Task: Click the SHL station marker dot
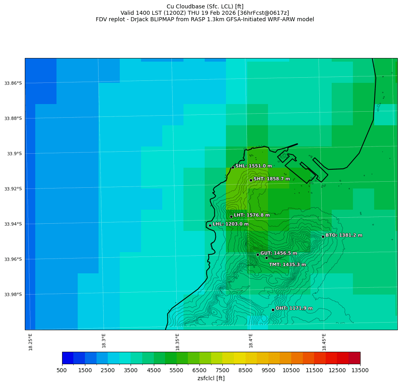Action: click(233, 167)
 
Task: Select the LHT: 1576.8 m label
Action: click(252, 215)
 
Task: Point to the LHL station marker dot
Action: click(210, 225)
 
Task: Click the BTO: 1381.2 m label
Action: click(344, 235)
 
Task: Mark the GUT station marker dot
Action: click(258, 255)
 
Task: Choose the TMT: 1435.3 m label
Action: click(287, 265)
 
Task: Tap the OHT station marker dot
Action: click(273, 310)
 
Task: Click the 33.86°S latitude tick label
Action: click(13, 83)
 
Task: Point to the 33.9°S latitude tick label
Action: click(14, 154)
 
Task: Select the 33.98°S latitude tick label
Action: click(13, 295)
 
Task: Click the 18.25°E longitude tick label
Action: click(31, 342)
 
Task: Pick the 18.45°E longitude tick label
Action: click(324, 342)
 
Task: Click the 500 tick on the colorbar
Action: click(62, 371)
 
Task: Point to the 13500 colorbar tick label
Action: click(360, 371)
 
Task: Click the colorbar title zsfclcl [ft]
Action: click(211, 379)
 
